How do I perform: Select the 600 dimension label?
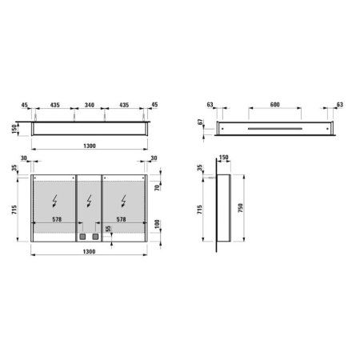275,105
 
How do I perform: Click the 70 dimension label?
159,190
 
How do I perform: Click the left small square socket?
82,237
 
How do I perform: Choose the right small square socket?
94,237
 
